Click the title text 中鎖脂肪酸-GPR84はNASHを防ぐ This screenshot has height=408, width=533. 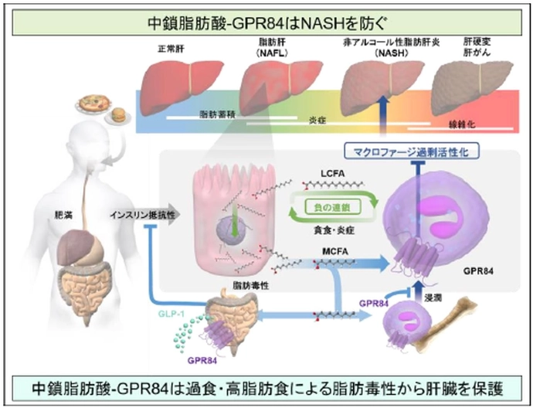[266, 22]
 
